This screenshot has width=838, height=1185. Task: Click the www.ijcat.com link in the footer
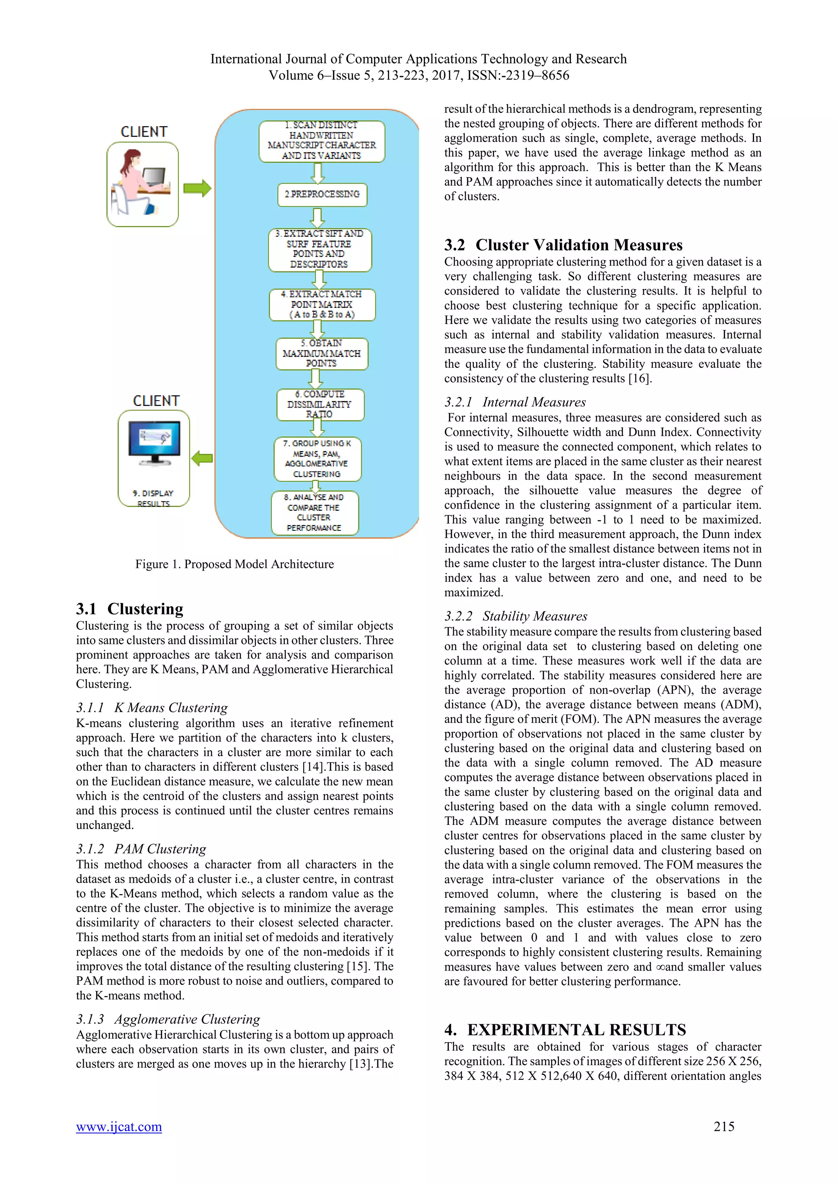pos(119,1126)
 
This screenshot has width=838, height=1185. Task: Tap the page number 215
pos(723,1126)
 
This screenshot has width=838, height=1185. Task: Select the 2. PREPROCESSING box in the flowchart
pos(322,195)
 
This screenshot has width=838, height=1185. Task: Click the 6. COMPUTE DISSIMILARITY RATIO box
pos(320,404)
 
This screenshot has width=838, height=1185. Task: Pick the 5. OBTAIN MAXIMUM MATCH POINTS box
pos(322,354)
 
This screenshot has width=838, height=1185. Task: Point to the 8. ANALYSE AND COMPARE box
pos(314,512)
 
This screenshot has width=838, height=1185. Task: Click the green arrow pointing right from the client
pos(197,188)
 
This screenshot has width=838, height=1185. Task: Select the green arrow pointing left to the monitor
pos(202,458)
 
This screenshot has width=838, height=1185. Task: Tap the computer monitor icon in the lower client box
pos(154,443)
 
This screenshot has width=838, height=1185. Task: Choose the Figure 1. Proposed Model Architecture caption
pos(234,564)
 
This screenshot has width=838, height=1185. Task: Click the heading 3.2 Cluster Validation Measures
pos(563,245)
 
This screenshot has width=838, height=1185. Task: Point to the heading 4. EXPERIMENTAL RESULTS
pos(565,1030)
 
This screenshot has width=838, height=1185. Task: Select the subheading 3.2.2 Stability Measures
pos(516,616)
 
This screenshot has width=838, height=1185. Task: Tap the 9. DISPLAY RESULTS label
pos(153,498)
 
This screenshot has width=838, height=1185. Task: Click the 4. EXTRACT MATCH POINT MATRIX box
pos(322,304)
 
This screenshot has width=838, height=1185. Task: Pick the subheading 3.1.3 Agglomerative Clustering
pos(168,1019)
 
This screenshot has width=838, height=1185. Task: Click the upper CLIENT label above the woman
pos(144,132)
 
